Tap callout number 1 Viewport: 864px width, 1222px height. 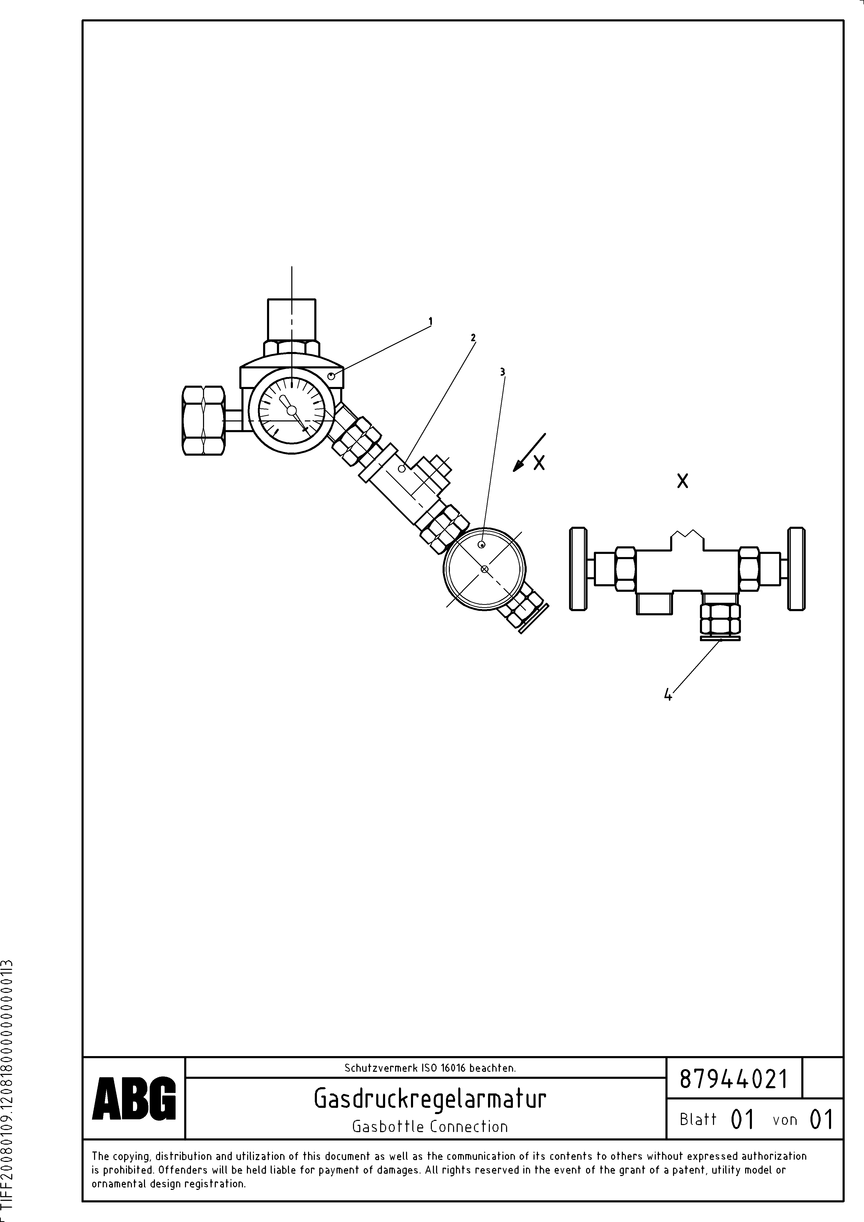point(430,321)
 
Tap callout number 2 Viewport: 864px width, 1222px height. point(473,337)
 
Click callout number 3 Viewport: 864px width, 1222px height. point(502,372)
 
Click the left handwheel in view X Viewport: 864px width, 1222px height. point(578,569)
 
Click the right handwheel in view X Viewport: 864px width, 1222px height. point(796,569)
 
